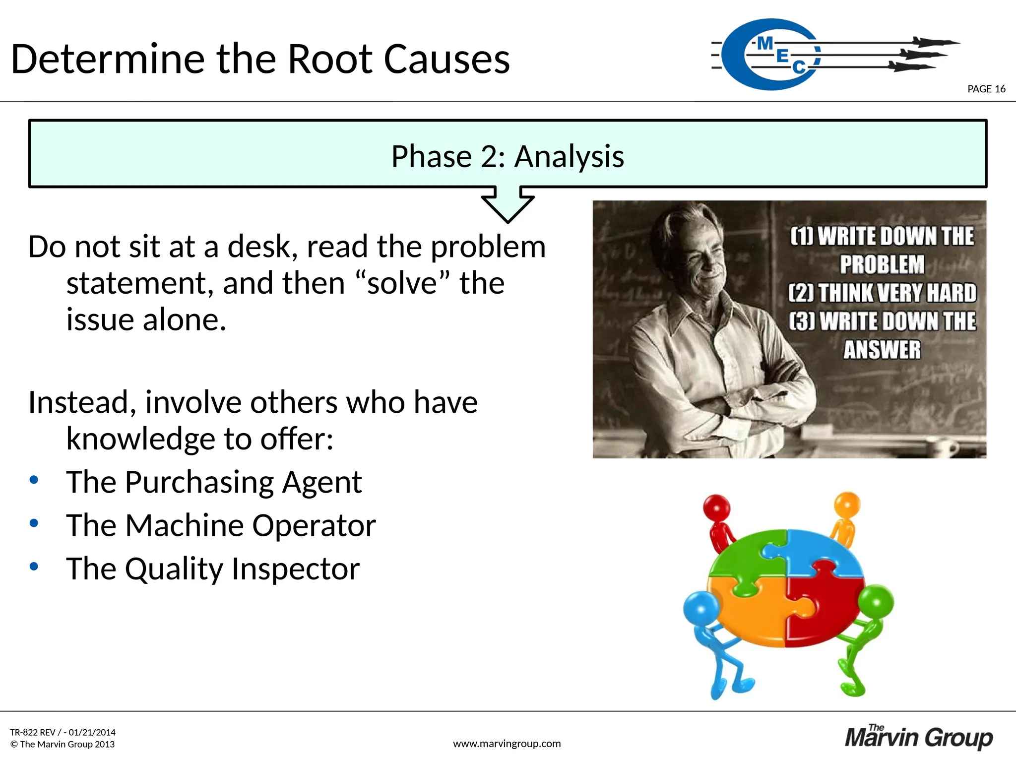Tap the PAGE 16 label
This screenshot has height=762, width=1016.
click(986, 89)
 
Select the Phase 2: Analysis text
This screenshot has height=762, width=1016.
click(508, 157)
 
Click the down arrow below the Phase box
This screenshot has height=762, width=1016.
click(508, 204)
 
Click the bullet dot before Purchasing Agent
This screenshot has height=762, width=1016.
click(34, 480)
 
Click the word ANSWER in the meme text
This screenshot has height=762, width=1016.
click(882, 350)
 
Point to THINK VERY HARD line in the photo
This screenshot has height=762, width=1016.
click(882, 293)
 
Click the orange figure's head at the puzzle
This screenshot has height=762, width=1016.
click(847, 505)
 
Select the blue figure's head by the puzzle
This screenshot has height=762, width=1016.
click(700, 608)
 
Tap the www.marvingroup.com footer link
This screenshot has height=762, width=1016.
click(507, 744)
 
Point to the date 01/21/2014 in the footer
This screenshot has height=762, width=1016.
click(92, 732)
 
